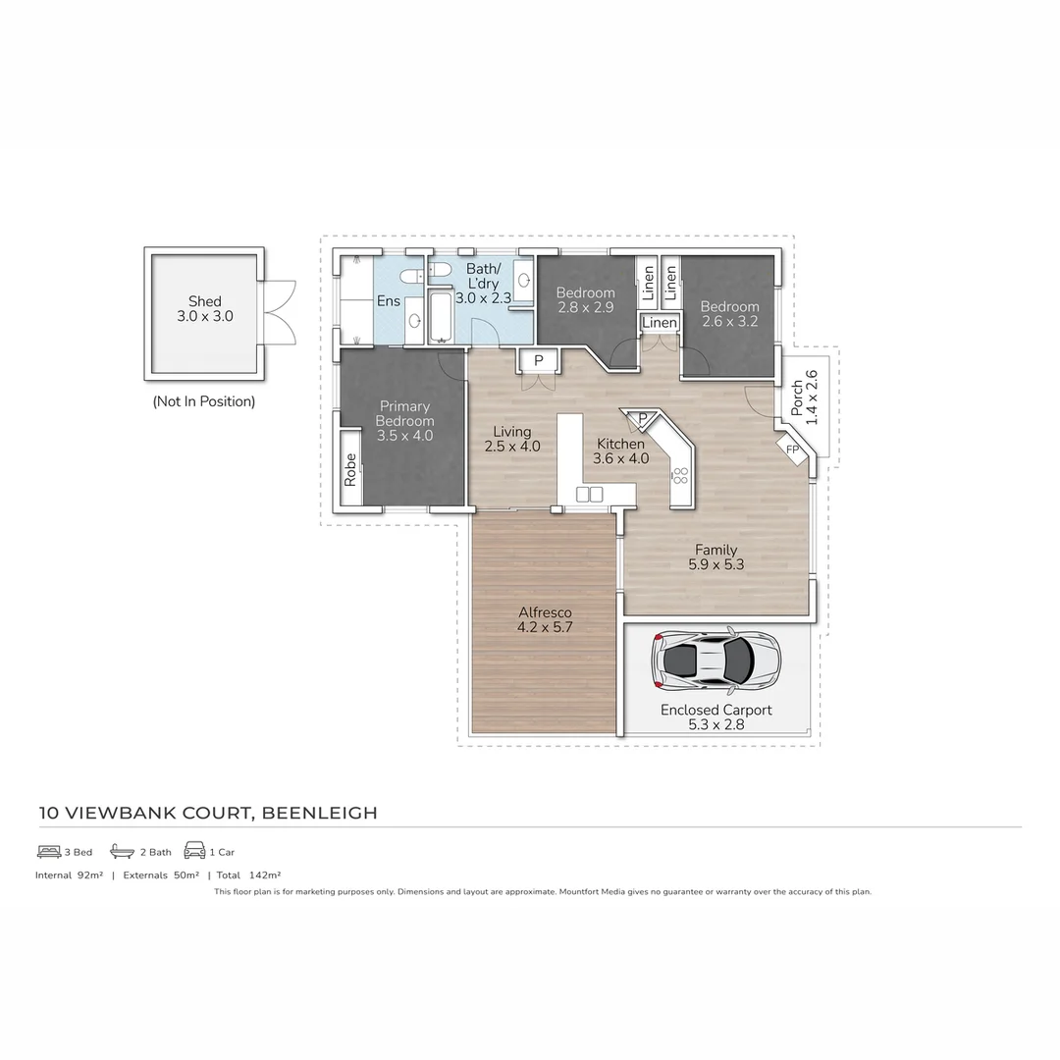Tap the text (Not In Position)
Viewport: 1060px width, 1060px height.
tap(203, 401)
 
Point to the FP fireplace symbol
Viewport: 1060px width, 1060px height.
tap(793, 450)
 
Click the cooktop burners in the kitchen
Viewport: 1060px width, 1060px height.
tap(680, 477)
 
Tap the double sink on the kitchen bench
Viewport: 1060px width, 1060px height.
tap(589, 494)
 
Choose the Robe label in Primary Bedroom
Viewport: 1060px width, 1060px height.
tap(350, 469)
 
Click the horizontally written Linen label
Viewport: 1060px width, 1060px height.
tap(660, 323)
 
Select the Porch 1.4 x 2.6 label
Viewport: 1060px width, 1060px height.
tap(804, 396)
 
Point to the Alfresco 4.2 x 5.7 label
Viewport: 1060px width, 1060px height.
tap(544, 620)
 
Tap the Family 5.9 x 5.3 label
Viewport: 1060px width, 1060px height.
tap(715, 557)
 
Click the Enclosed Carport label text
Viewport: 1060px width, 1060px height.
tap(715, 710)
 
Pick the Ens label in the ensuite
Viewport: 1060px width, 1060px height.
tap(389, 300)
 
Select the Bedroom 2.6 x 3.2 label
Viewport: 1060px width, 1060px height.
tap(729, 314)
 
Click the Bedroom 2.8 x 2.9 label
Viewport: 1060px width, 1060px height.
tap(585, 300)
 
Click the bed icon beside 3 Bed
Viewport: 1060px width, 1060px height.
tap(49, 851)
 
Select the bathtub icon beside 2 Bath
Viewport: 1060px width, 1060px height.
tap(122, 851)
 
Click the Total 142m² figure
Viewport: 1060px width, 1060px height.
tap(248, 874)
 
